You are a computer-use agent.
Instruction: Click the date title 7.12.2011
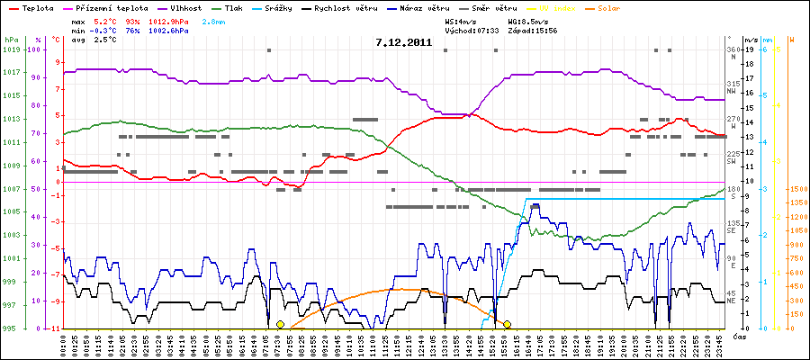(405, 42)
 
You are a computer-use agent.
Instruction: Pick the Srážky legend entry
(307, 7)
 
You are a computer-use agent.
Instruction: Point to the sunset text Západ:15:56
(532, 30)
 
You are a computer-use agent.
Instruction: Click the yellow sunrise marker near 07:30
(280, 324)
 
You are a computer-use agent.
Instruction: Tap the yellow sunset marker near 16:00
(508, 324)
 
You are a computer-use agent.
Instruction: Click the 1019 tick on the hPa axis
(11, 49)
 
